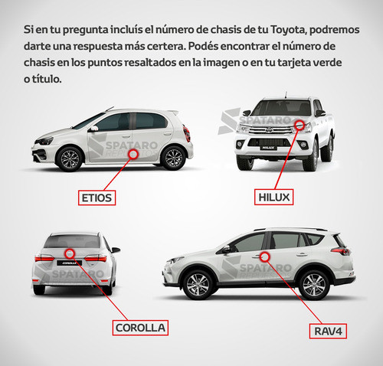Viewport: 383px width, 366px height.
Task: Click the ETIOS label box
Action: pyautogui.click(x=97, y=198)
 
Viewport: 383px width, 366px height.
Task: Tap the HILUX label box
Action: pyautogui.click(x=273, y=197)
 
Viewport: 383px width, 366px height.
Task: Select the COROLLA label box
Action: pyautogui.click(x=140, y=328)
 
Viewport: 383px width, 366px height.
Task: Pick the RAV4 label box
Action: pyautogui.click(x=328, y=331)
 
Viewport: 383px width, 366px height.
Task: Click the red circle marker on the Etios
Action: pyautogui.click(x=133, y=154)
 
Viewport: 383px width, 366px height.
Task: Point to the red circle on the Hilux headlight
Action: pyautogui.click(x=300, y=125)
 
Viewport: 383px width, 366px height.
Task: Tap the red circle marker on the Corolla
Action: pyautogui.click(x=70, y=253)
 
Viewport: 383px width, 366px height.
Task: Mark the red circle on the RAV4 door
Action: pyautogui.click(x=265, y=257)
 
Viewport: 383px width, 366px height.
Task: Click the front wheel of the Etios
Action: pyautogui.click(x=70, y=158)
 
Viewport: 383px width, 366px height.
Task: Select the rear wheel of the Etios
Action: pyautogui.click(x=174, y=158)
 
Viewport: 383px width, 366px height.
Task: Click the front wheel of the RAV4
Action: pyautogui.click(x=198, y=285)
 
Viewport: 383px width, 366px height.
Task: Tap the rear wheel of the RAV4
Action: pyautogui.click(x=313, y=285)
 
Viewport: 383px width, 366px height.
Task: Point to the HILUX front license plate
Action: pyautogui.click(x=268, y=148)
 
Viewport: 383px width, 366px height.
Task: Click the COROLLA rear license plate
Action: pyautogui.click(x=69, y=263)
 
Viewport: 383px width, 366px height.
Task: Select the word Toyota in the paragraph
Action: pyautogui.click(x=288, y=30)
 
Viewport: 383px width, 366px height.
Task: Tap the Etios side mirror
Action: pyautogui.click(x=94, y=129)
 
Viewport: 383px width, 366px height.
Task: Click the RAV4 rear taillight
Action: pyautogui.click(x=342, y=251)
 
